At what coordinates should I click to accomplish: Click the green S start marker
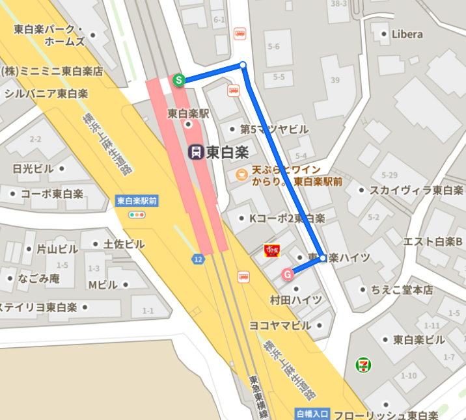point(178,80)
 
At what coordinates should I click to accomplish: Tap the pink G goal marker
point(287,274)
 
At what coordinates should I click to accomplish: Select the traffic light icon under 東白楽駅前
point(137,215)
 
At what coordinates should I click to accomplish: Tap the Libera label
point(407,34)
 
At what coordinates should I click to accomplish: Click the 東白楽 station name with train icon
point(219,152)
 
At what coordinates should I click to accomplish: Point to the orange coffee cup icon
point(241,174)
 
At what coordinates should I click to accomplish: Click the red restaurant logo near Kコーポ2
point(271,250)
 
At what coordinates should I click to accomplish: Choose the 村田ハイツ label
point(296,300)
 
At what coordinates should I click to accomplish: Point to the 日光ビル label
point(33,168)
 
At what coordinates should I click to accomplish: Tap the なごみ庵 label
point(38,278)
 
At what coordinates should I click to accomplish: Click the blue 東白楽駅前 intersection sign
point(137,201)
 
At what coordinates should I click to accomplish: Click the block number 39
point(336,80)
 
